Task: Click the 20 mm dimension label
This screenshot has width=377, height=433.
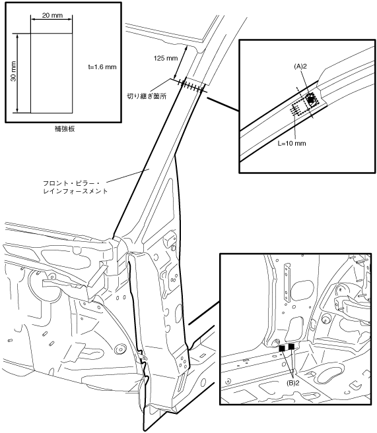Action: pyautogui.click(x=52, y=15)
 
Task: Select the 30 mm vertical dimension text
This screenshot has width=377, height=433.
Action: pyautogui.click(x=13, y=71)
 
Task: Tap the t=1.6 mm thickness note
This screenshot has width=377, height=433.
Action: pyautogui.click(x=102, y=67)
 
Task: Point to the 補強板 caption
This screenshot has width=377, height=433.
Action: pyautogui.click(x=65, y=129)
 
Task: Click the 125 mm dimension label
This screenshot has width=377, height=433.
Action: pyautogui.click(x=166, y=58)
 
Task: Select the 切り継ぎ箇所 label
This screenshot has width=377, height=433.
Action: pyautogui.click(x=147, y=96)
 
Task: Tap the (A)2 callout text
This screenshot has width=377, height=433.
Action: pyautogui.click(x=300, y=67)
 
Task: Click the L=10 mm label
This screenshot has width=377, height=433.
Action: pyautogui.click(x=292, y=143)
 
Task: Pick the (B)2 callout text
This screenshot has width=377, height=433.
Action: pyautogui.click(x=292, y=383)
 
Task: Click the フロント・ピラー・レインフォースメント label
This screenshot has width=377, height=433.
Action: pyautogui.click(x=75, y=187)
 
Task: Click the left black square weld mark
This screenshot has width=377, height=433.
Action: pyautogui.click(x=282, y=348)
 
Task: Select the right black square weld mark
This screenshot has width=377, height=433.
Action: pyautogui.click(x=291, y=347)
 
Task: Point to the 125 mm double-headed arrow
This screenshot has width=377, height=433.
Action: pyautogui.click(x=181, y=62)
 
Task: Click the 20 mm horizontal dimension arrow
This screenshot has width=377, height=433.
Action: pyautogui.click(x=51, y=19)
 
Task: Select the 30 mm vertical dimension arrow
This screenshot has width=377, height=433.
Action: pyautogui.click(x=18, y=73)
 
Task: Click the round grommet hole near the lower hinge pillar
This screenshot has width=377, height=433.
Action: pyautogui.click(x=120, y=349)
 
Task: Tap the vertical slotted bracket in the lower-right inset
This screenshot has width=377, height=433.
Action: pyautogui.click(x=287, y=283)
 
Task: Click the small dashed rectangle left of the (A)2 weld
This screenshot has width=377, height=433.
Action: pyautogui.click(x=298, y=109)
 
